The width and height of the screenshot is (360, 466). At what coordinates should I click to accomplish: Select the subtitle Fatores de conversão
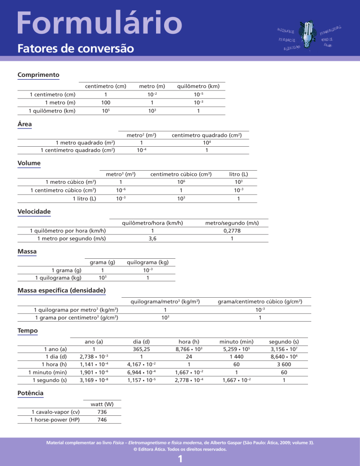pyautogui.click(x=75, y=48)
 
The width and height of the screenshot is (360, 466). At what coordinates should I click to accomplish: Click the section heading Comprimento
pyautogui.click(x=38, y=75)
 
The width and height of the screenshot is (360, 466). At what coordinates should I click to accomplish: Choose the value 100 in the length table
pyautogui.click(x=105, y=102)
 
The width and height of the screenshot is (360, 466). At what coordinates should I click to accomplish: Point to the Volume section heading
pyautogui.click(x=29, y=163)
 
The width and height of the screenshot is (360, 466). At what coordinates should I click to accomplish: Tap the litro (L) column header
pyautogui.click(x=239, y=174)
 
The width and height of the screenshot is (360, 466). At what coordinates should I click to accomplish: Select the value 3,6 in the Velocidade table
pyautogui.click(x=152, y=239)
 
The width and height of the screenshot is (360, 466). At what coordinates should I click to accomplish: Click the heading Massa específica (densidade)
pyautogui.click(x=61, y=291)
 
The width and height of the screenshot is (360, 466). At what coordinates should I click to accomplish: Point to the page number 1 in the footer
pyautogui.click(x=180, y=459)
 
